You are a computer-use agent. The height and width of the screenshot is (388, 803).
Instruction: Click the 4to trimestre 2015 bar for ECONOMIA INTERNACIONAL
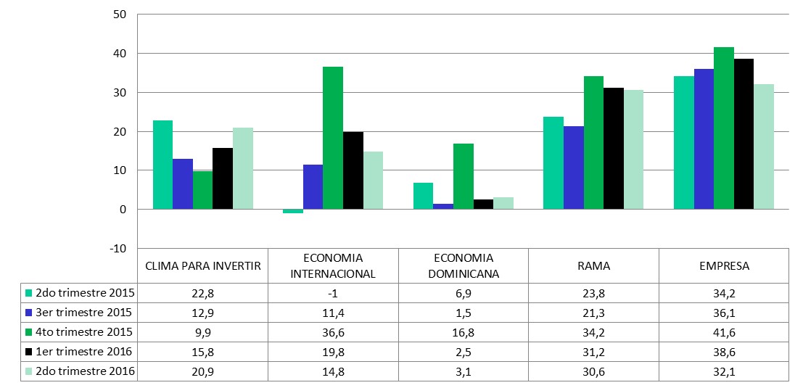point(333,138)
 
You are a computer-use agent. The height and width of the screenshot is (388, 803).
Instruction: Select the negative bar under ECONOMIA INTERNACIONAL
point(293,211)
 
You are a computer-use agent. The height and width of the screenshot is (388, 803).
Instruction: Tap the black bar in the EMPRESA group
point(744,134)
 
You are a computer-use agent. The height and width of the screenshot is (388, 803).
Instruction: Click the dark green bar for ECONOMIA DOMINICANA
point(463,176)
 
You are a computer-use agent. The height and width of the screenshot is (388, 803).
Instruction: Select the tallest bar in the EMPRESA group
point(723,128)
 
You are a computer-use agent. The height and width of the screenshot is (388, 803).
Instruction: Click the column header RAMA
point(593,266)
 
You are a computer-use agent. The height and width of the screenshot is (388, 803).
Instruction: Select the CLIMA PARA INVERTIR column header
point(203,266)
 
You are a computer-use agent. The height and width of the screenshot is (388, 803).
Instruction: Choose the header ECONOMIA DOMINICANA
point(463,266)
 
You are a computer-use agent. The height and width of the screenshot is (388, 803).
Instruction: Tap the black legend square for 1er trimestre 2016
point(29,352)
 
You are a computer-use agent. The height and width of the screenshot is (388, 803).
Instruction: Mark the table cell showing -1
point(333,293)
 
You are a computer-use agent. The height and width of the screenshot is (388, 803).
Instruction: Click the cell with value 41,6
point(723,332)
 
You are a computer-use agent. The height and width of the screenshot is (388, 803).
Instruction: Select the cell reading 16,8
point(463,332)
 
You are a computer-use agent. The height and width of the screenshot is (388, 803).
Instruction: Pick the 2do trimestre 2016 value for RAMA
point(593,371)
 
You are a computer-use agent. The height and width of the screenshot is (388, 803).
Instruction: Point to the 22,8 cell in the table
point(203,293)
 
